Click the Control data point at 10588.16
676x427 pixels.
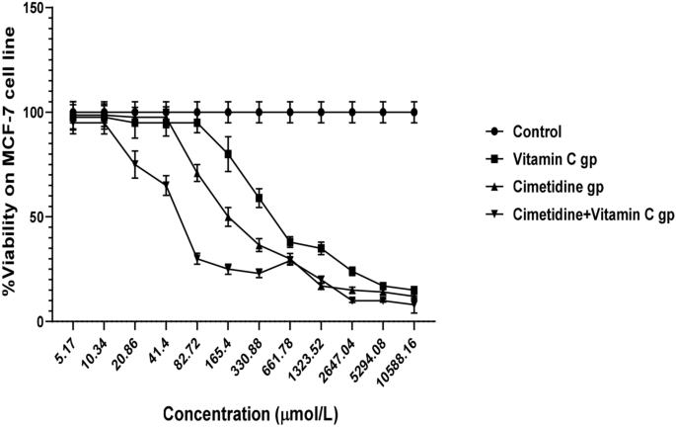[414, 112]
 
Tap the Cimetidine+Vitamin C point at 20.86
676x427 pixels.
[135, 164]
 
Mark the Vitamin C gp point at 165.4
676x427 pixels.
[228, 154]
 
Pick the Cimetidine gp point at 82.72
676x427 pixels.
[197, 173]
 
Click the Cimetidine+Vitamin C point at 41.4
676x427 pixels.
[167, 186]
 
